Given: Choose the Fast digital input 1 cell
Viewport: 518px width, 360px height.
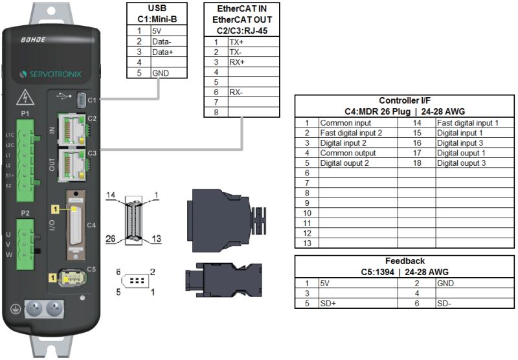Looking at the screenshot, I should pos(467,122).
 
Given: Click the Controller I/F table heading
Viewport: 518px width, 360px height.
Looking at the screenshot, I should pos(405,100).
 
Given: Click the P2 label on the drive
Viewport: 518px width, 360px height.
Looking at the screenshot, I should pos(26,212).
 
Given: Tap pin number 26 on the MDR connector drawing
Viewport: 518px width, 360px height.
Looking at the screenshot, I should pos(112,238).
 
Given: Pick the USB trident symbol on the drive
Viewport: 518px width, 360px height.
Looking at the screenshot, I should pos(62,97).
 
